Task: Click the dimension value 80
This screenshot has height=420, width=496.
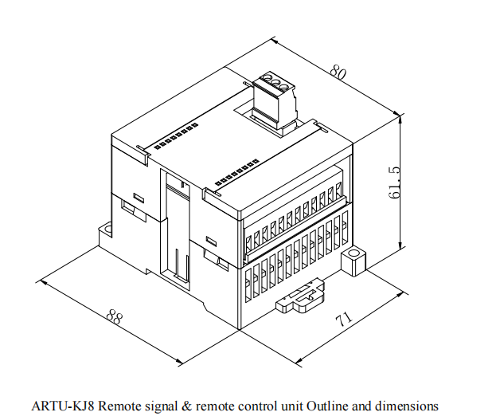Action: click(x=338, y=73)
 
